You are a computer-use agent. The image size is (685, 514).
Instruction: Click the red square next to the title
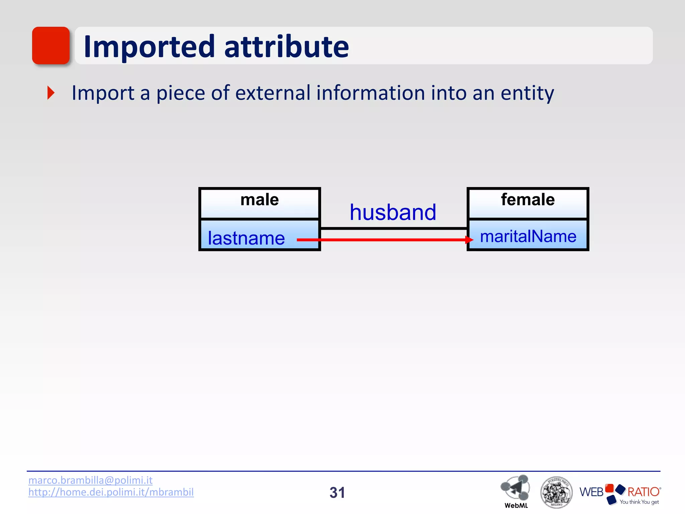pos(51,46)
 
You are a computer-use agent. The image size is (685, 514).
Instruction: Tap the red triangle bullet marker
pos(51,93)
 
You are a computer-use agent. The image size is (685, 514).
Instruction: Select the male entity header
pos(260,203)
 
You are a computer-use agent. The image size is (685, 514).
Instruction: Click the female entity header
pos(527,203)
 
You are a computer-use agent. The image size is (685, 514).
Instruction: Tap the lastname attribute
pos(246,238)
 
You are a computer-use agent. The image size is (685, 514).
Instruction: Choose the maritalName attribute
pos(528,236)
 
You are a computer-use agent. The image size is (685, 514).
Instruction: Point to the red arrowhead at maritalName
pos(469,240)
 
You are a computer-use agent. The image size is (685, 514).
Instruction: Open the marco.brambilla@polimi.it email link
pos(90,480)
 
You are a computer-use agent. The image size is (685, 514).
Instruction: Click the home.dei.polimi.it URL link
pos(111,492)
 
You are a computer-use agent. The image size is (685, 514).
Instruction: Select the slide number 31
pos(337,493)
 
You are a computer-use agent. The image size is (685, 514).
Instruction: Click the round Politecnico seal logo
pos(556,492)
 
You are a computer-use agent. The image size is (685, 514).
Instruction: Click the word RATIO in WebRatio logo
pos(643,492)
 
